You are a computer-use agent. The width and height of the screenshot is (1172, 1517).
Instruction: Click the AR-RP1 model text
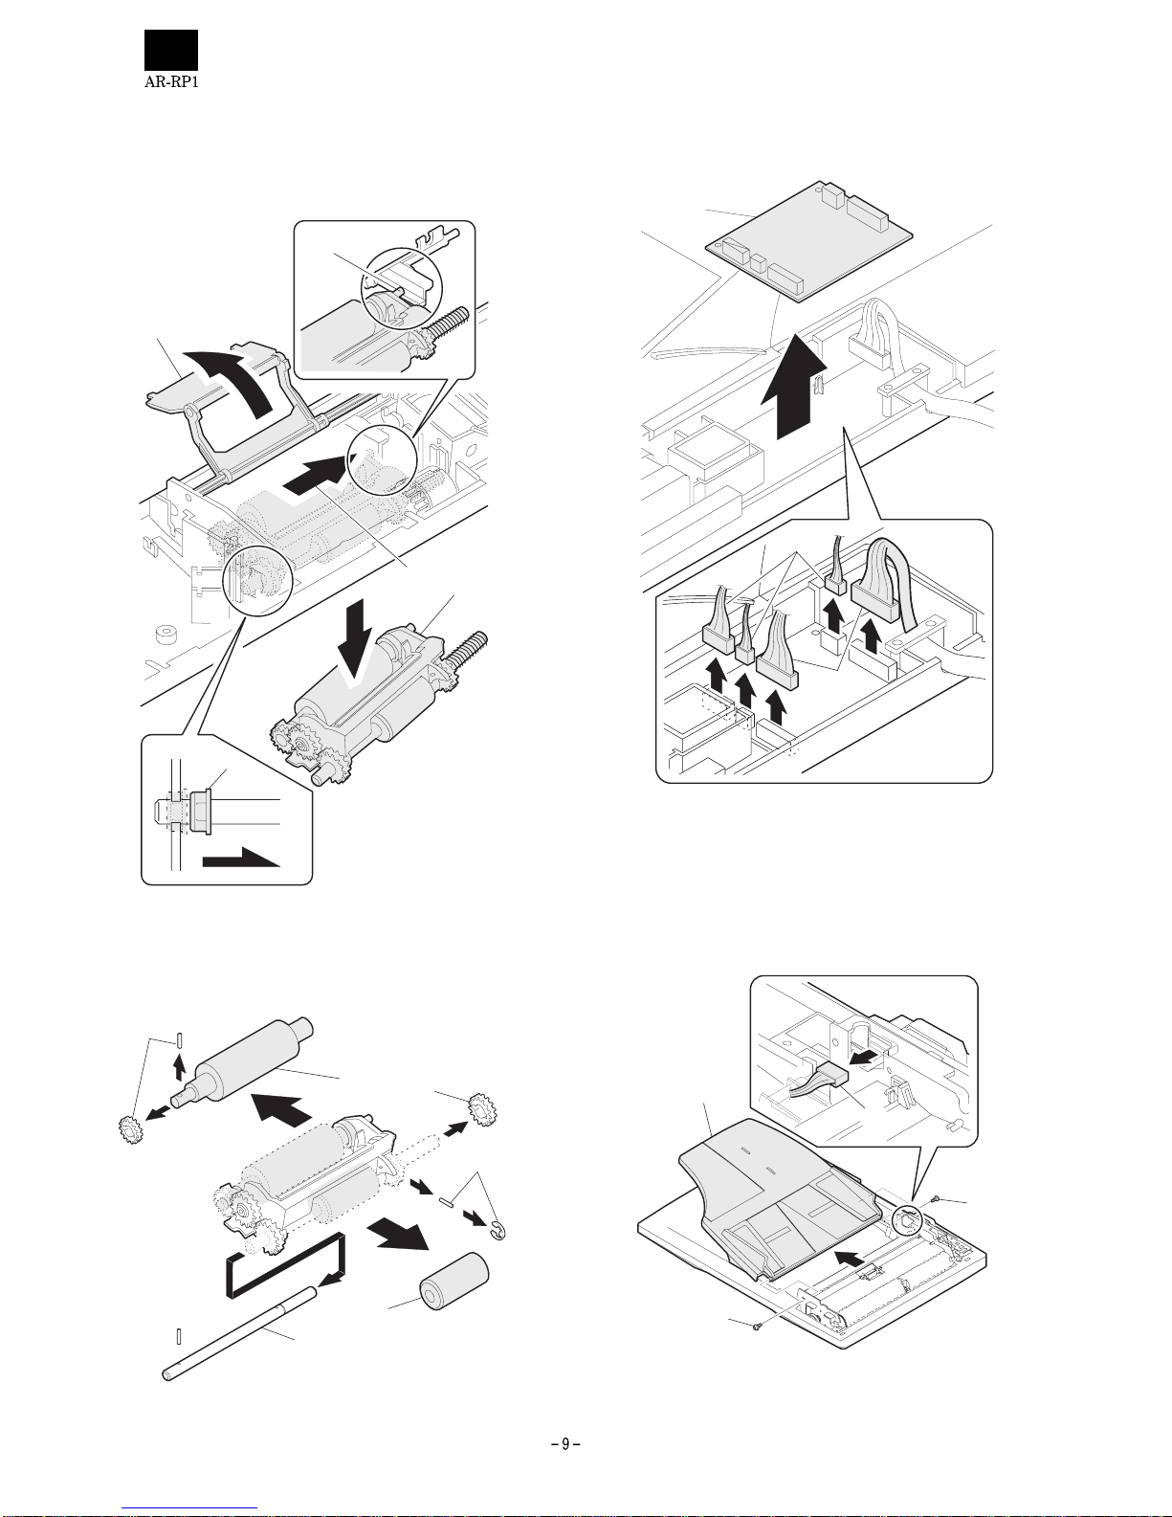pos(171,81)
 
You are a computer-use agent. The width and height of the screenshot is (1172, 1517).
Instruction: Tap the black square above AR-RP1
pos(171,50)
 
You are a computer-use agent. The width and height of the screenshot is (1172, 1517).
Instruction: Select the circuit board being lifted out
pos(807,240)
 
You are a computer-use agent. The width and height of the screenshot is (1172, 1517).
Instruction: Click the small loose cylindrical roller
pos(453,1285)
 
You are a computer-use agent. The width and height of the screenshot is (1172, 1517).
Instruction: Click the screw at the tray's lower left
pos(757,1327)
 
